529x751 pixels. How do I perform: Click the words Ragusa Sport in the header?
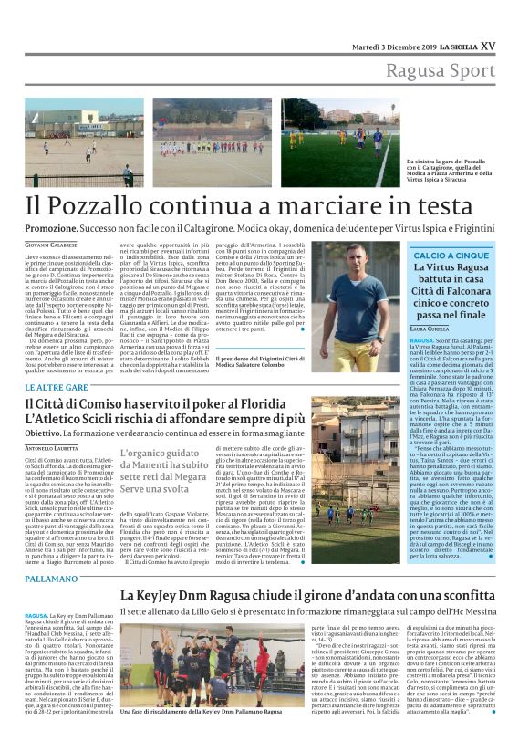440,71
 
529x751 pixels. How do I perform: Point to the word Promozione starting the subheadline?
51,228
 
